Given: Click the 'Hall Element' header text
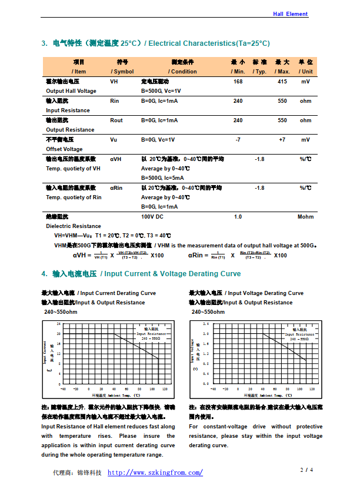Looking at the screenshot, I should [x=290, y=14].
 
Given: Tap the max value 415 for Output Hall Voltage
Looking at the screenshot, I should [x=282, y=82].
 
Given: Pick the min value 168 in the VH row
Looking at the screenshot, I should [x=238, y=82].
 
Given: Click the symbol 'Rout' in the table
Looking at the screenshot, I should [x=116, y=120].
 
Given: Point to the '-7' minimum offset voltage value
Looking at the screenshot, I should [x=238, y=140].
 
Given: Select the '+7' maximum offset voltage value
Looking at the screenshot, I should [x=282, y=140].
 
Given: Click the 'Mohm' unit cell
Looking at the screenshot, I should [x=305, y=217].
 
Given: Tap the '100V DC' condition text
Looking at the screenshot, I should [x=152, y=217].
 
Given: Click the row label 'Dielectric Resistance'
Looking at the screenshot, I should [x=74, y=226].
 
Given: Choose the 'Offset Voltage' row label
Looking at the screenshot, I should [x=64, y=149].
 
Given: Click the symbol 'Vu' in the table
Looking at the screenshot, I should [x=114, y=140].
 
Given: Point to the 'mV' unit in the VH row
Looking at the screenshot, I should [x=305, y=82].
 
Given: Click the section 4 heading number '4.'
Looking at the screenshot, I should [x=45, y=274].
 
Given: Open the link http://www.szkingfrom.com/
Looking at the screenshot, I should [x=155, y=472].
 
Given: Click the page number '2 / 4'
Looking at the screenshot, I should [x=306, y=470].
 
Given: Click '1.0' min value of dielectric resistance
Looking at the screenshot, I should [x=238, y=217].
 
